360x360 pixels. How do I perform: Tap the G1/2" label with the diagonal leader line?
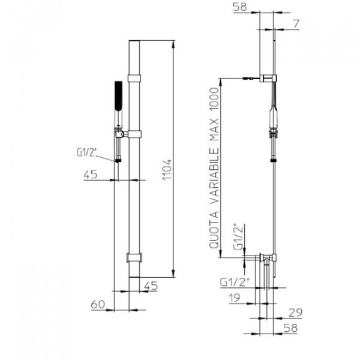[x=87, y=152]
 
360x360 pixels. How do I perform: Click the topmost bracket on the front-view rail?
[x=135, y=77]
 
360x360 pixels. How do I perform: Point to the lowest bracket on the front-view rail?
[x=135, y=258]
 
